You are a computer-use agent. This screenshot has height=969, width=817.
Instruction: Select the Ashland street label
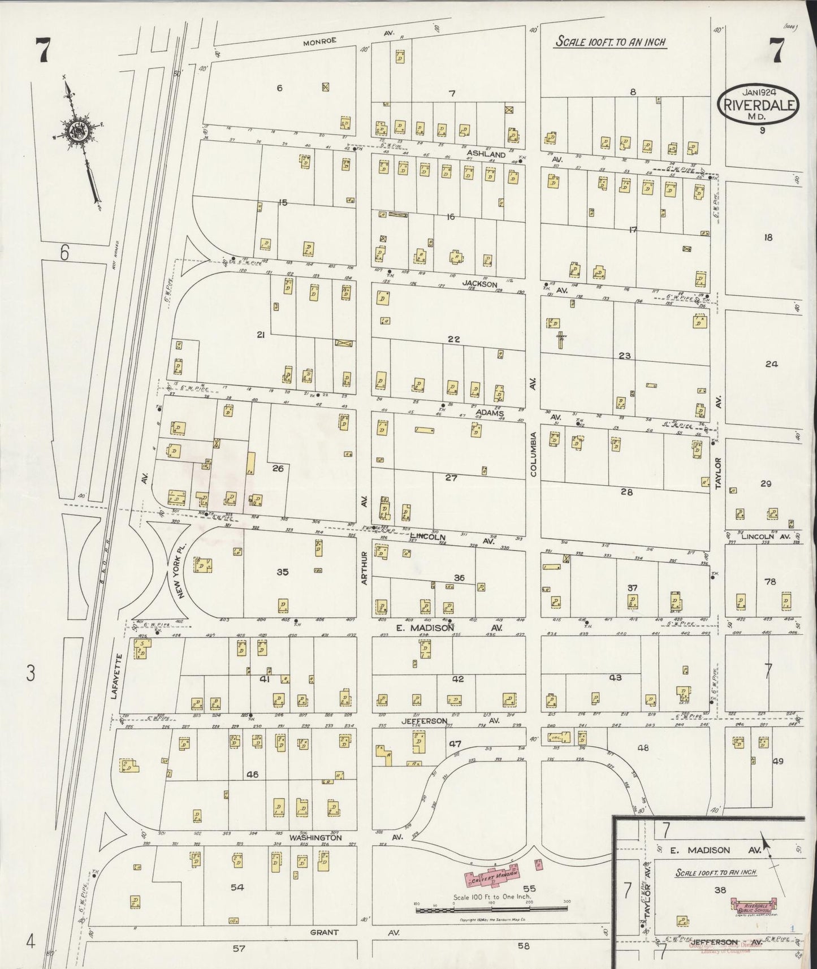486,154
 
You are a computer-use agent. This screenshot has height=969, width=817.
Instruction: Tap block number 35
283,572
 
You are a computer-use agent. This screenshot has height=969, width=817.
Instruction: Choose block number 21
261,335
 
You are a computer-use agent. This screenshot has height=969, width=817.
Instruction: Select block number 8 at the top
633,92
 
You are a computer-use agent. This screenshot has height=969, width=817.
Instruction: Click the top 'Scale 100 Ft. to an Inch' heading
611,42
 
